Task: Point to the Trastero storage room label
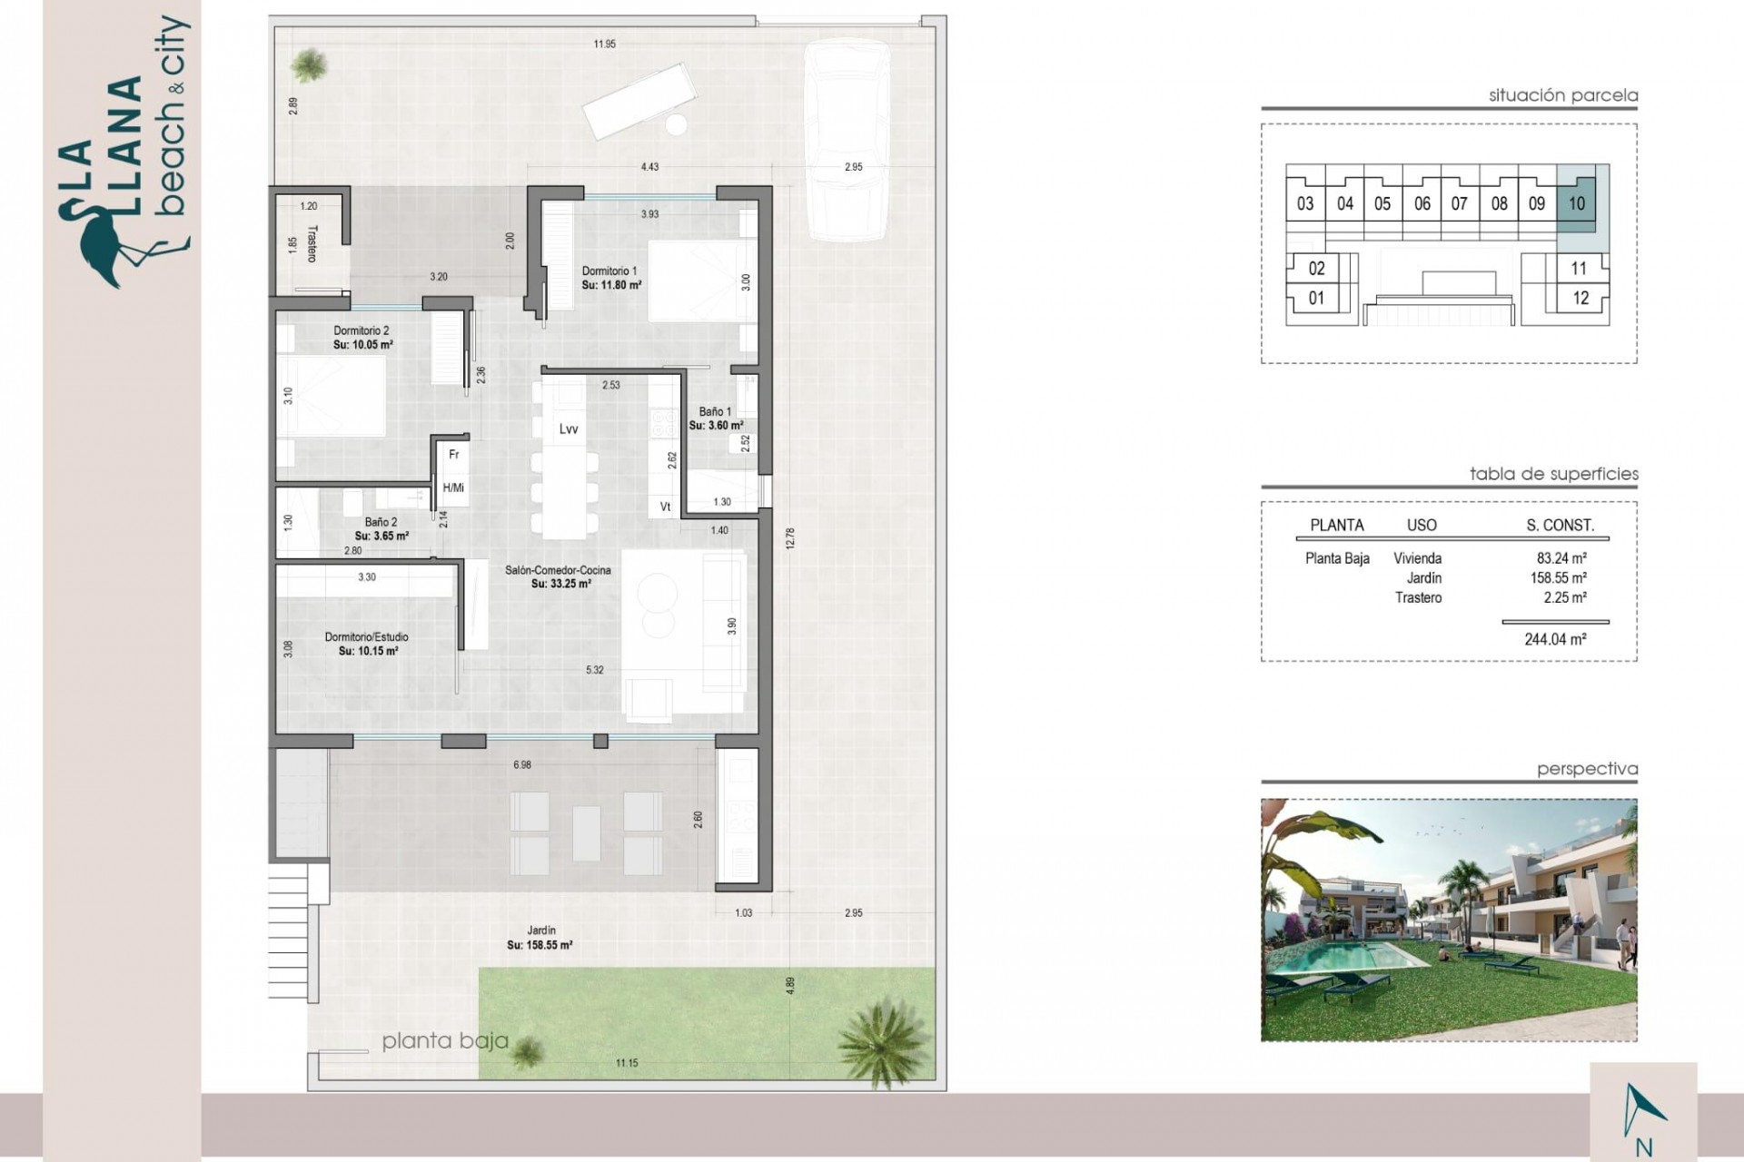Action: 312,243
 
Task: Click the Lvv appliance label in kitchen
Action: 569,429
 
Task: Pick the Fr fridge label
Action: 454,455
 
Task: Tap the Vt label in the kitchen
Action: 665,507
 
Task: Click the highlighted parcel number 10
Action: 1576,204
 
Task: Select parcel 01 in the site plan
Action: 1315,298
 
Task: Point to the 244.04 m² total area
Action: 1555,639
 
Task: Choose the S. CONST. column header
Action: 1560,525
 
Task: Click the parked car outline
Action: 847,145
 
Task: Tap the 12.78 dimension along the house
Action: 790,538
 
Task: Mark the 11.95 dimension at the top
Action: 604,44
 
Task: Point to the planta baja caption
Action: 444,1041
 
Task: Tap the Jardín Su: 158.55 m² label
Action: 540,938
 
